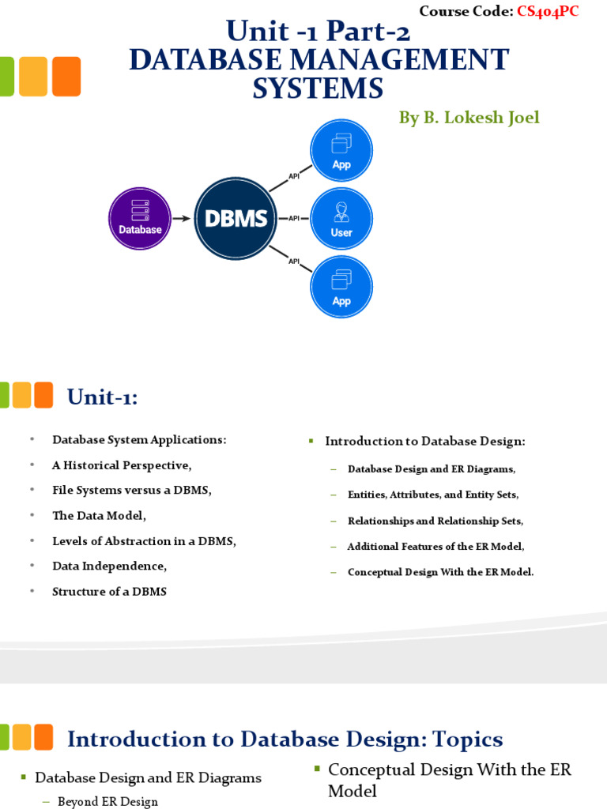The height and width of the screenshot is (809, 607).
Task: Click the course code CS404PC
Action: [x=547, y=11]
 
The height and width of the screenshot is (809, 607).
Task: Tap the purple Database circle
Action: [x=139, y=217]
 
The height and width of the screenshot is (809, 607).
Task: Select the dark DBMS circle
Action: [x=236, y=218]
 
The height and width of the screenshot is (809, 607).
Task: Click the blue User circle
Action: [x=341, y=218]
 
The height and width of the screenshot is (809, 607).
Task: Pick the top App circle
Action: [x=341, y=150]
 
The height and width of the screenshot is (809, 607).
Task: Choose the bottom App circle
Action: [x=341, y=286]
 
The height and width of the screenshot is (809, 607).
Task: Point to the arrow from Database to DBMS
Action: [x=181, y=218]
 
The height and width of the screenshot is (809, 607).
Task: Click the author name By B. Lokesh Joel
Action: [x=469, y=118]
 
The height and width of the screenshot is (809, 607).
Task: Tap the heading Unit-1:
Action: [x=102, y=397]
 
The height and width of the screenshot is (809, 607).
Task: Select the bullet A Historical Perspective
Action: [x=122, y=465]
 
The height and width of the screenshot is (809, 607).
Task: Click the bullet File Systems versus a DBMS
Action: [x=132, y=491]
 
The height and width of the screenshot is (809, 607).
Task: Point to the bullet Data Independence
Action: [x=109, y=566]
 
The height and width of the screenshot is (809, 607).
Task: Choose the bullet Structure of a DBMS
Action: [x=109, y=592]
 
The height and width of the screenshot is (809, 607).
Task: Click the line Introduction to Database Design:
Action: [x=425, y=441]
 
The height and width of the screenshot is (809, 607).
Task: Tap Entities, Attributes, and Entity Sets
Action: [x=432, y=495]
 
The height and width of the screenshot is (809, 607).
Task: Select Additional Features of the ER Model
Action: [x=435, y=546]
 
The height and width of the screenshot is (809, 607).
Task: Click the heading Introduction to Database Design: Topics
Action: [x=285, y=739]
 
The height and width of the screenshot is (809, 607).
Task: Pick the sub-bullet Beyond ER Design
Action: [x=107, y=802]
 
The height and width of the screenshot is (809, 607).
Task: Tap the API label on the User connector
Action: [x=293, y=218]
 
